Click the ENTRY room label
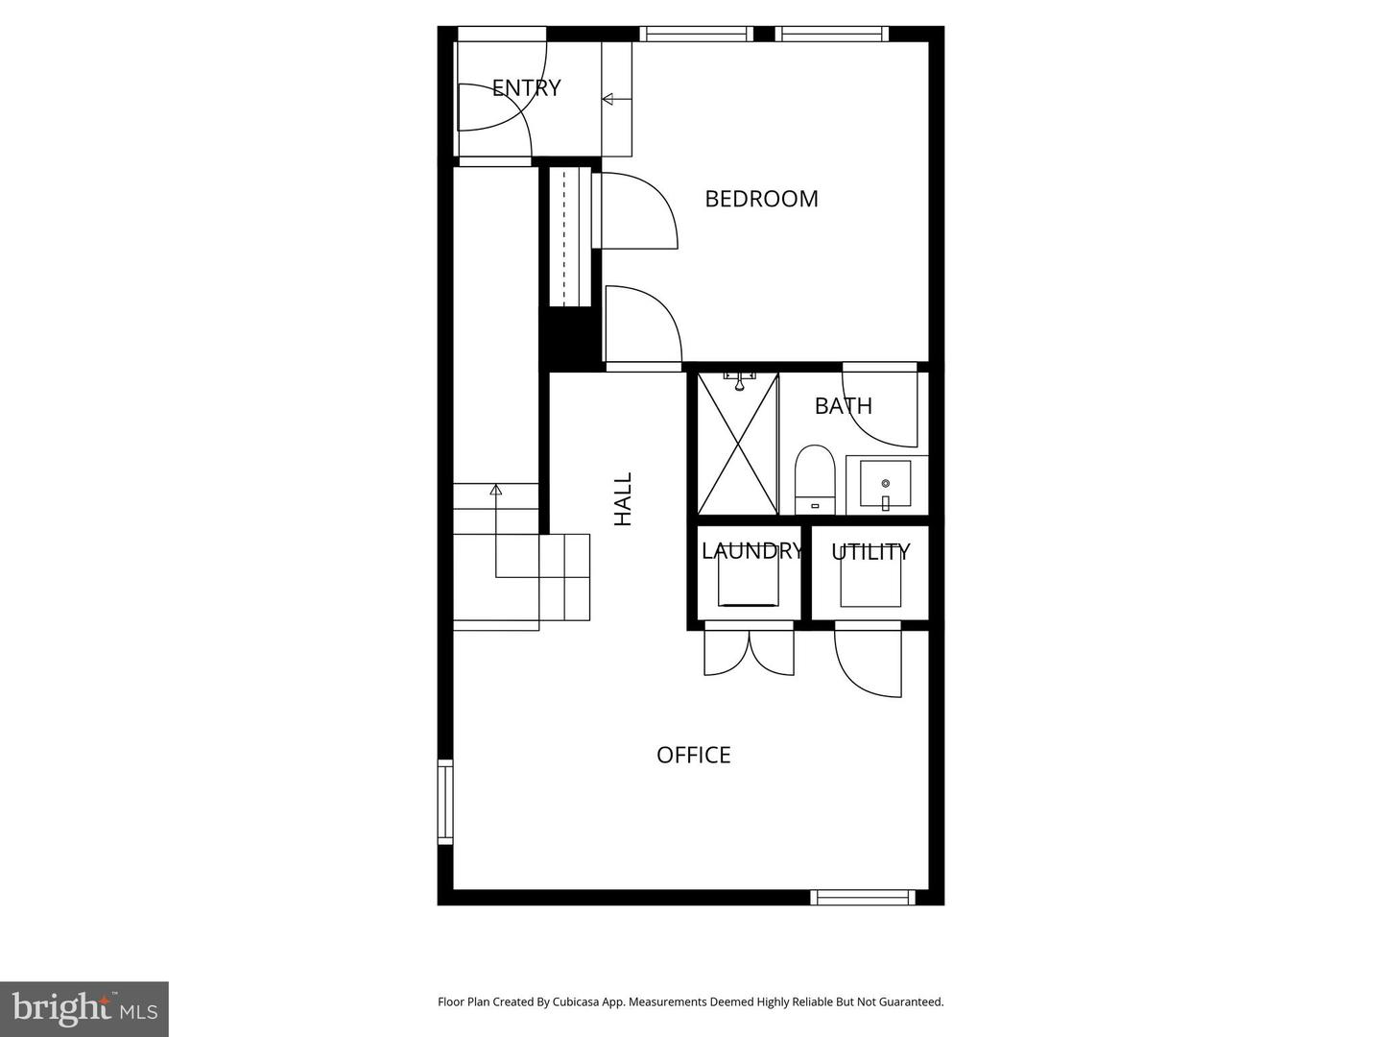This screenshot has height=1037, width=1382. [x=526, y=88]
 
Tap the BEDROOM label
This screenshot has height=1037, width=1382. [x=761, y=199]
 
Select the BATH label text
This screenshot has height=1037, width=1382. [x=843, y=406]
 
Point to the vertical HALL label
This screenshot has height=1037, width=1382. [x=623, y=498]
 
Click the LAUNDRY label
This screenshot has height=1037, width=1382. [x=751, y=550]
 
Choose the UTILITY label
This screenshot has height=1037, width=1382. [x=870, y=552]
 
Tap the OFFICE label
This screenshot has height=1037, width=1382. [x=693, y=755]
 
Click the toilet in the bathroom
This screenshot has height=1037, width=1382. [x=815, y=479]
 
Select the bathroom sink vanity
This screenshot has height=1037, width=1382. [x=885, y=485]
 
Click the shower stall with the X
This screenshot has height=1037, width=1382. [x=737, y=444]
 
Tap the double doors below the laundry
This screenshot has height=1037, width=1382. [x=749, y=651]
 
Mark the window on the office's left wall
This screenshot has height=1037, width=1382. [x=445, y=802]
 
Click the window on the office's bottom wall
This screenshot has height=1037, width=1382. [x=862, y=898]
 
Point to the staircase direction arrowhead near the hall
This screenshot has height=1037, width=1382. [x=496, y=490]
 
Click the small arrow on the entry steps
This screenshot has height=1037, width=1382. [x=608, y=98]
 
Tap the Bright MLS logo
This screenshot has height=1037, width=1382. [x=84, y=1008]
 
